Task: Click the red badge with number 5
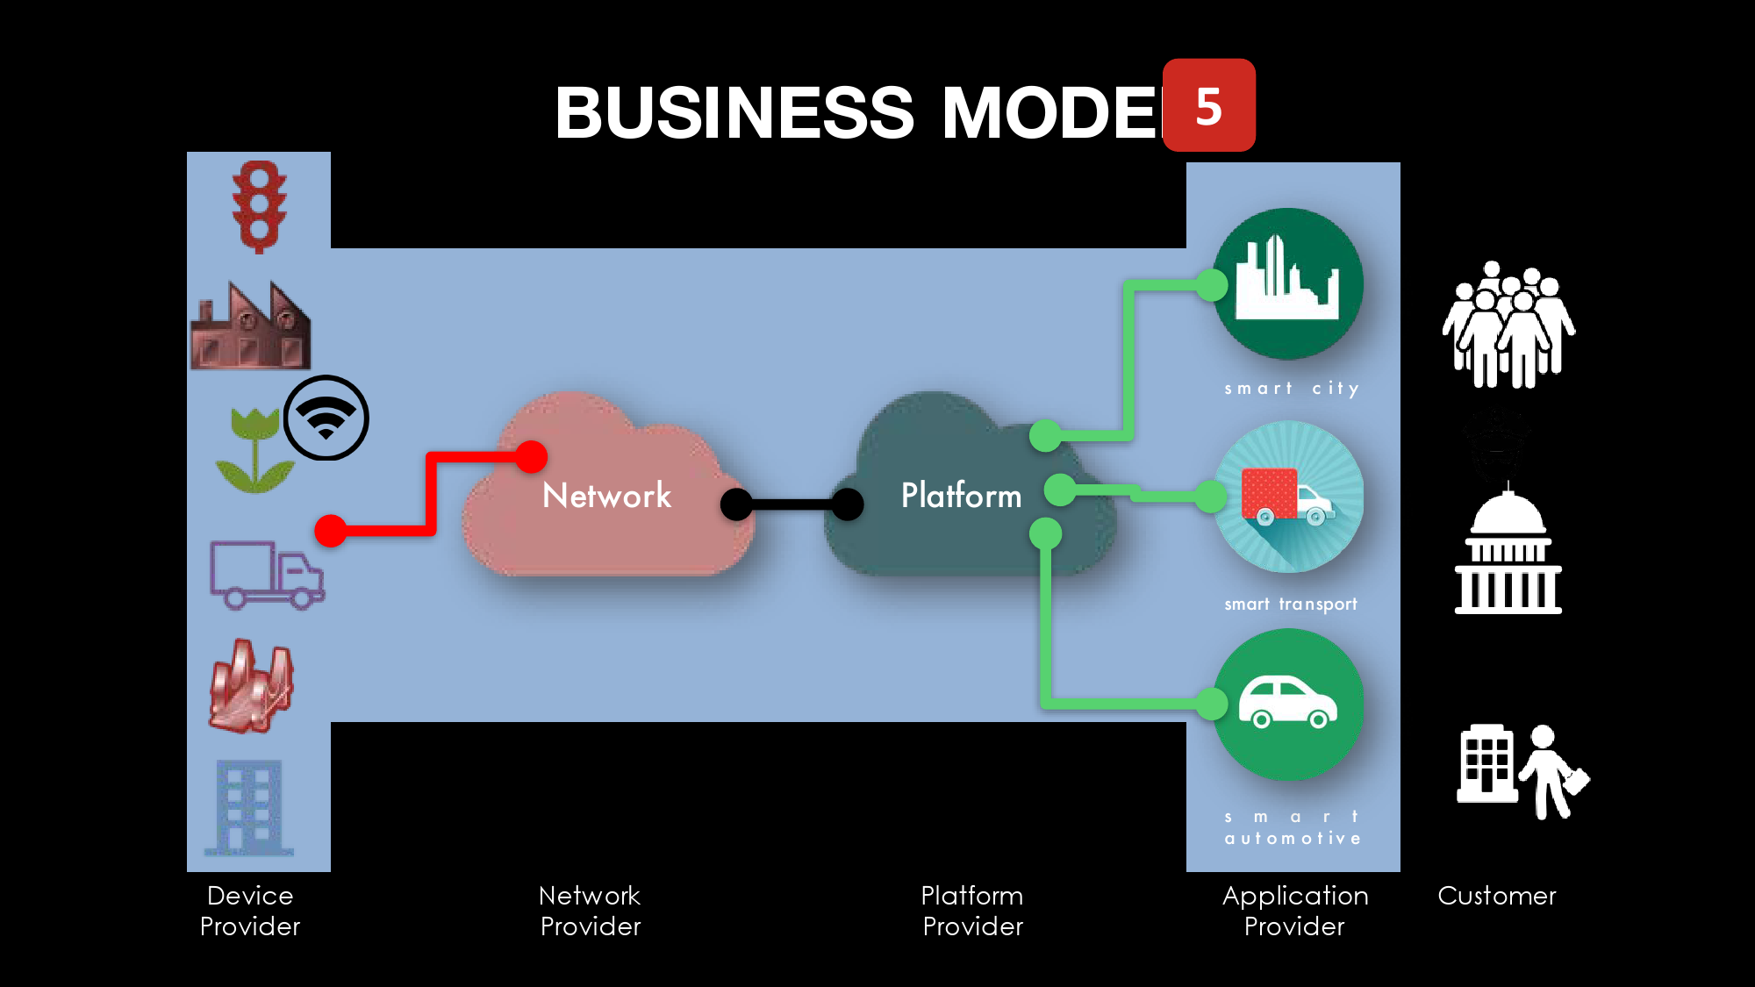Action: [1208, 105]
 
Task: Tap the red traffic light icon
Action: [259, 207]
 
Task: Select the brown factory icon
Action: [251, 326]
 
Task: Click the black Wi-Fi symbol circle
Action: [326, 418]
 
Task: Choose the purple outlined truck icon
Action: [267, 575]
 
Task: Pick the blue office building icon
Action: [249, 807]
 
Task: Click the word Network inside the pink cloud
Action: [606, 496]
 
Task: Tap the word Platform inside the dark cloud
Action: [961, 496]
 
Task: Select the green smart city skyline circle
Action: [1287, 283]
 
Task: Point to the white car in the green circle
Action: [1287, 703]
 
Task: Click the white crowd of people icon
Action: [1508, 325]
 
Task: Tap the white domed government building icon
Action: [1508, 553]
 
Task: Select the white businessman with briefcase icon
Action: [1553, 772]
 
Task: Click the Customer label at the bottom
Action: [1496, 896]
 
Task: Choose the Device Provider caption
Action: [250, 911]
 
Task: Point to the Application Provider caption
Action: [1295, 911]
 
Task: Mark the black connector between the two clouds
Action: [792, 504]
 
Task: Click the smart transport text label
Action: [1291, 604]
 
